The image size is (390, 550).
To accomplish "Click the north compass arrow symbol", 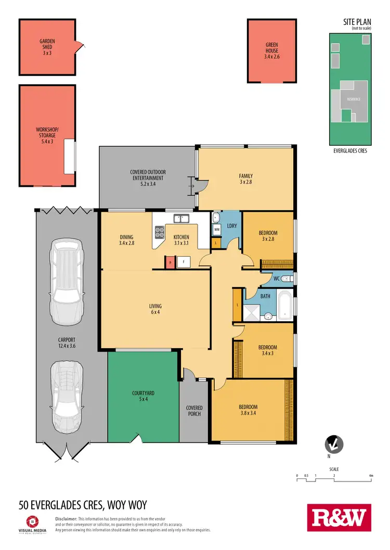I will pos(333,445).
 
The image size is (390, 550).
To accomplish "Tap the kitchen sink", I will pos(181,218).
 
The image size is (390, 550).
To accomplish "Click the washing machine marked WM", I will pos(216,229).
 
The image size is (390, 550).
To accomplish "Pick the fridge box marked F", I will pos(183,263).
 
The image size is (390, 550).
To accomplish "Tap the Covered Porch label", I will pos(194,411).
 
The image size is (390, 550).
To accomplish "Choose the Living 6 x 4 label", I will pos(154,309).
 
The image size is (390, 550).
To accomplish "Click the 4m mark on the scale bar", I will pos(370,475).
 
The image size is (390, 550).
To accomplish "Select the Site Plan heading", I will pos(356,22).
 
